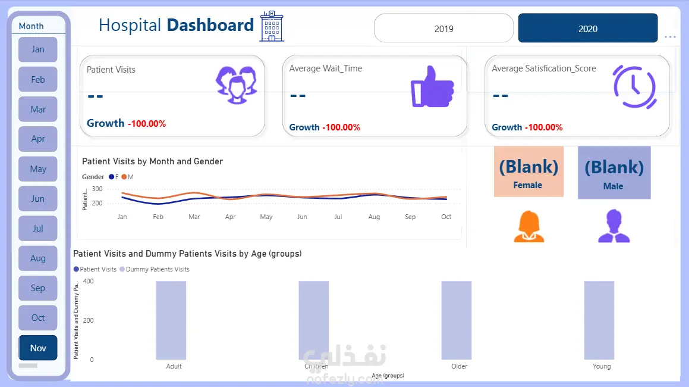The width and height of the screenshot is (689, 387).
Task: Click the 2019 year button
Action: [443, 29]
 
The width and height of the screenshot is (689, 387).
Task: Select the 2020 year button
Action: [587, 29]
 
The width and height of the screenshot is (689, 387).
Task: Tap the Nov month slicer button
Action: [38, 348]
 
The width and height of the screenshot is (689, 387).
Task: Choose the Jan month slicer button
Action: [38, 49]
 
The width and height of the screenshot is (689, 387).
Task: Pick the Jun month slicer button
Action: [38, 199]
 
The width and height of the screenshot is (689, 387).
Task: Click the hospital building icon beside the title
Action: [272, 26]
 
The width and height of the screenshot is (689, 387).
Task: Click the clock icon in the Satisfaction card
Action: [634, 87]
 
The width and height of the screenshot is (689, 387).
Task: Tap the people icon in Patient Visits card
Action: [236, 85]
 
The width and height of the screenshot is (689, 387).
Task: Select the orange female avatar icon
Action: [528, 226]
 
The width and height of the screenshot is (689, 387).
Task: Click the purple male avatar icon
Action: [614, 226]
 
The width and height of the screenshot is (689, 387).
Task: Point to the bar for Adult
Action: [171, 320]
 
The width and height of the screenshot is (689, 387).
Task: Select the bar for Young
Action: [599, 320]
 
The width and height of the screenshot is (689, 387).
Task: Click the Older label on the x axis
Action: [459, 366]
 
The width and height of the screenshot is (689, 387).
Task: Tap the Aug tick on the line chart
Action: [374, 217]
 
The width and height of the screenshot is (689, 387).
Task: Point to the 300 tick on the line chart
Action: [97, 189]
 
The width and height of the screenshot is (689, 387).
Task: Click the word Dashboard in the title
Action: [210, 25]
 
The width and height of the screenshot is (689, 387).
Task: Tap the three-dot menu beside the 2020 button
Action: [670, 37]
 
